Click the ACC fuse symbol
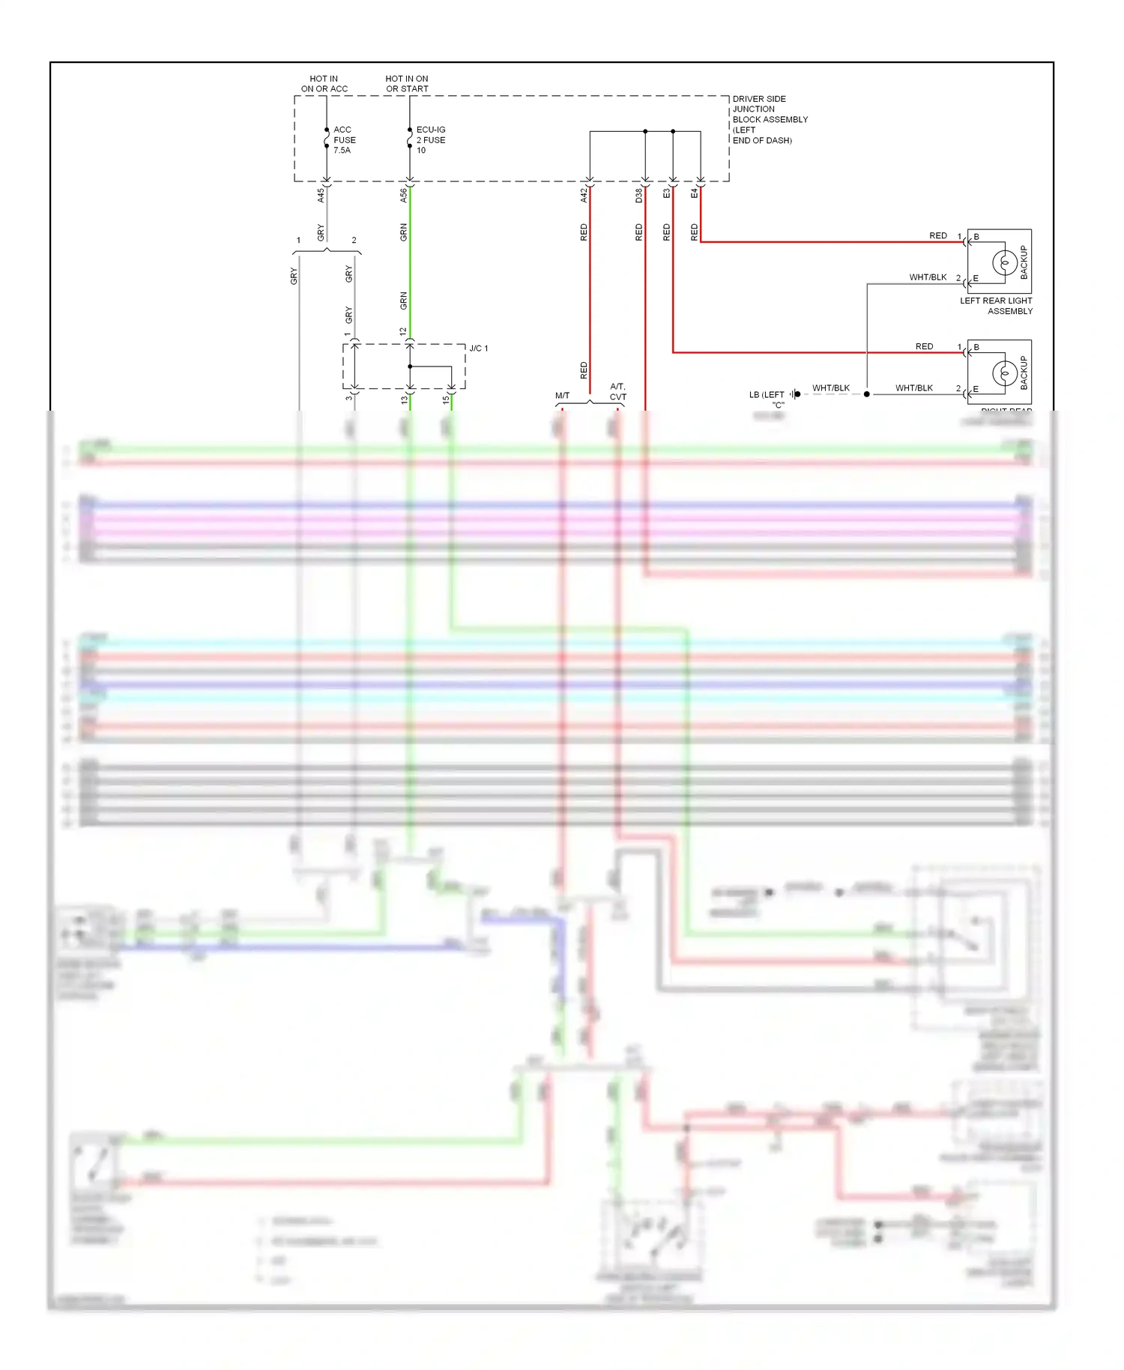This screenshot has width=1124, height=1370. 327,139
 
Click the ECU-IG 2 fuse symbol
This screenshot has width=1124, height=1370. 410,139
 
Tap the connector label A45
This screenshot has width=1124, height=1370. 321,195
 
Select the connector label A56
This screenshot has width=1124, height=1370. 404,195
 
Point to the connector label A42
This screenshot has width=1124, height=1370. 584,195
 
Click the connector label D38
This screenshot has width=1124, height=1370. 639,195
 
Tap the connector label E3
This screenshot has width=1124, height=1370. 667,193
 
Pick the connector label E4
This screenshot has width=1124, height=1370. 695,193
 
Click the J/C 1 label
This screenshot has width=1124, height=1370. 478,348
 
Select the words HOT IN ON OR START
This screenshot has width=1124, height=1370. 407,83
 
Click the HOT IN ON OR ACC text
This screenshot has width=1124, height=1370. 324,83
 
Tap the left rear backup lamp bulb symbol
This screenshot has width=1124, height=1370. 1004,262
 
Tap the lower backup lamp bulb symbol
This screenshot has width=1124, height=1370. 1004,373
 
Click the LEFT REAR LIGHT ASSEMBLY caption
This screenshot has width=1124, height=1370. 997,306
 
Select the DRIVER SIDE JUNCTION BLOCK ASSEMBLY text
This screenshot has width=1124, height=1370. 770,119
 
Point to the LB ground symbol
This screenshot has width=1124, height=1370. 795,394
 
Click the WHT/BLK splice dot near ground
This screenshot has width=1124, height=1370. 867,394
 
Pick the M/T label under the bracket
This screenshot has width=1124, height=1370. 562,396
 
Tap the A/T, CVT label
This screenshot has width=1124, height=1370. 618,392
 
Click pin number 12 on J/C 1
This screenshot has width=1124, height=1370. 403,331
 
